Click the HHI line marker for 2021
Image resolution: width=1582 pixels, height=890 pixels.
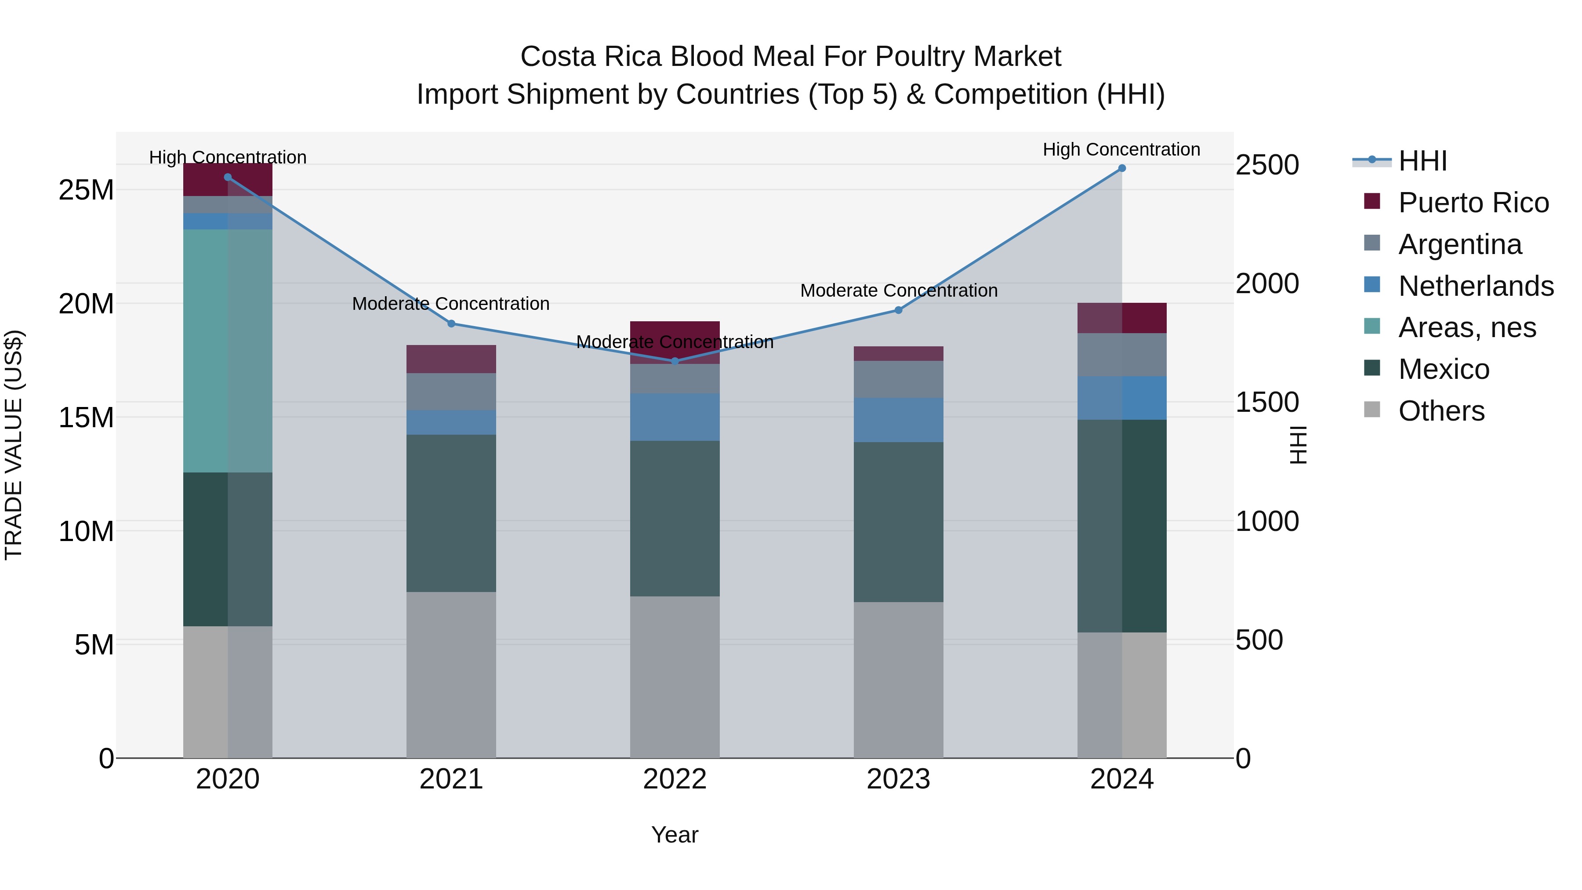coord(451,323)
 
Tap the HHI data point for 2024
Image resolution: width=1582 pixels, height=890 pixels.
coord(1121,168)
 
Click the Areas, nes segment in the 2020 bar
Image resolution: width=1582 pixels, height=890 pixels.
coord(228,351)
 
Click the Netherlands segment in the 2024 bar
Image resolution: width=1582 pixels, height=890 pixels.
coord(1121,398)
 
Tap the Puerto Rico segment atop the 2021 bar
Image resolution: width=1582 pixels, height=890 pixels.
coord(451,360)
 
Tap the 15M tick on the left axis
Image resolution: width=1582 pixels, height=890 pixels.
coord(86,417)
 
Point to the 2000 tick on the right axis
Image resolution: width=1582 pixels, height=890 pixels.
coord(1266,284)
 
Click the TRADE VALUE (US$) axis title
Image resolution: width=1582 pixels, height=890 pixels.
coord(14,445)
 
